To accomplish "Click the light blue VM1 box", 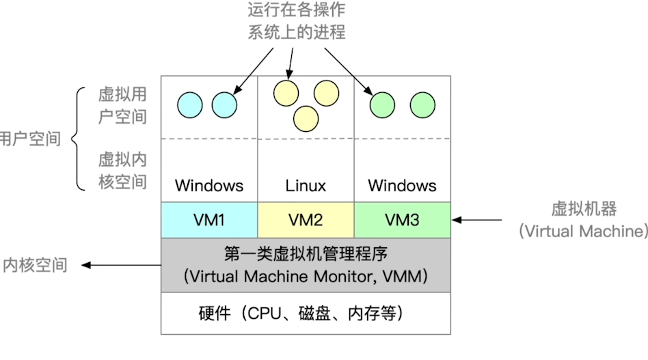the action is tap(209, 220).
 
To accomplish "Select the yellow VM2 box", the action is tap(306, 220).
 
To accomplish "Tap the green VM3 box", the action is tap(403, 220).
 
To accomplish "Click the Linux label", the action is tap(306, 186).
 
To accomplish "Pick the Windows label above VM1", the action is tap(209, 186).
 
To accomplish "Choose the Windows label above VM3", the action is tap(402, 186).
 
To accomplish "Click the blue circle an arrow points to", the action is tap(224, 105).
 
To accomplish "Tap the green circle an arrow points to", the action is tap(382, 105).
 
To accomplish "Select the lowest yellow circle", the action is tap(306, 119).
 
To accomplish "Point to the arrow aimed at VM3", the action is tap(477, 220).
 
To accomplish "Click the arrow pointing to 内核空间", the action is tap(121, 265).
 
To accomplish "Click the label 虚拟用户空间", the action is tap(123, 106).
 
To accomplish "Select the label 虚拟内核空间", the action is tap(123, 171).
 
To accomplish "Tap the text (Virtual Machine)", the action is tap(584, 231).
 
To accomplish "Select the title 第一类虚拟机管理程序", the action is tap(306, 254).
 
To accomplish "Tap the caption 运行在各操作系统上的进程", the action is tap(296, 20).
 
